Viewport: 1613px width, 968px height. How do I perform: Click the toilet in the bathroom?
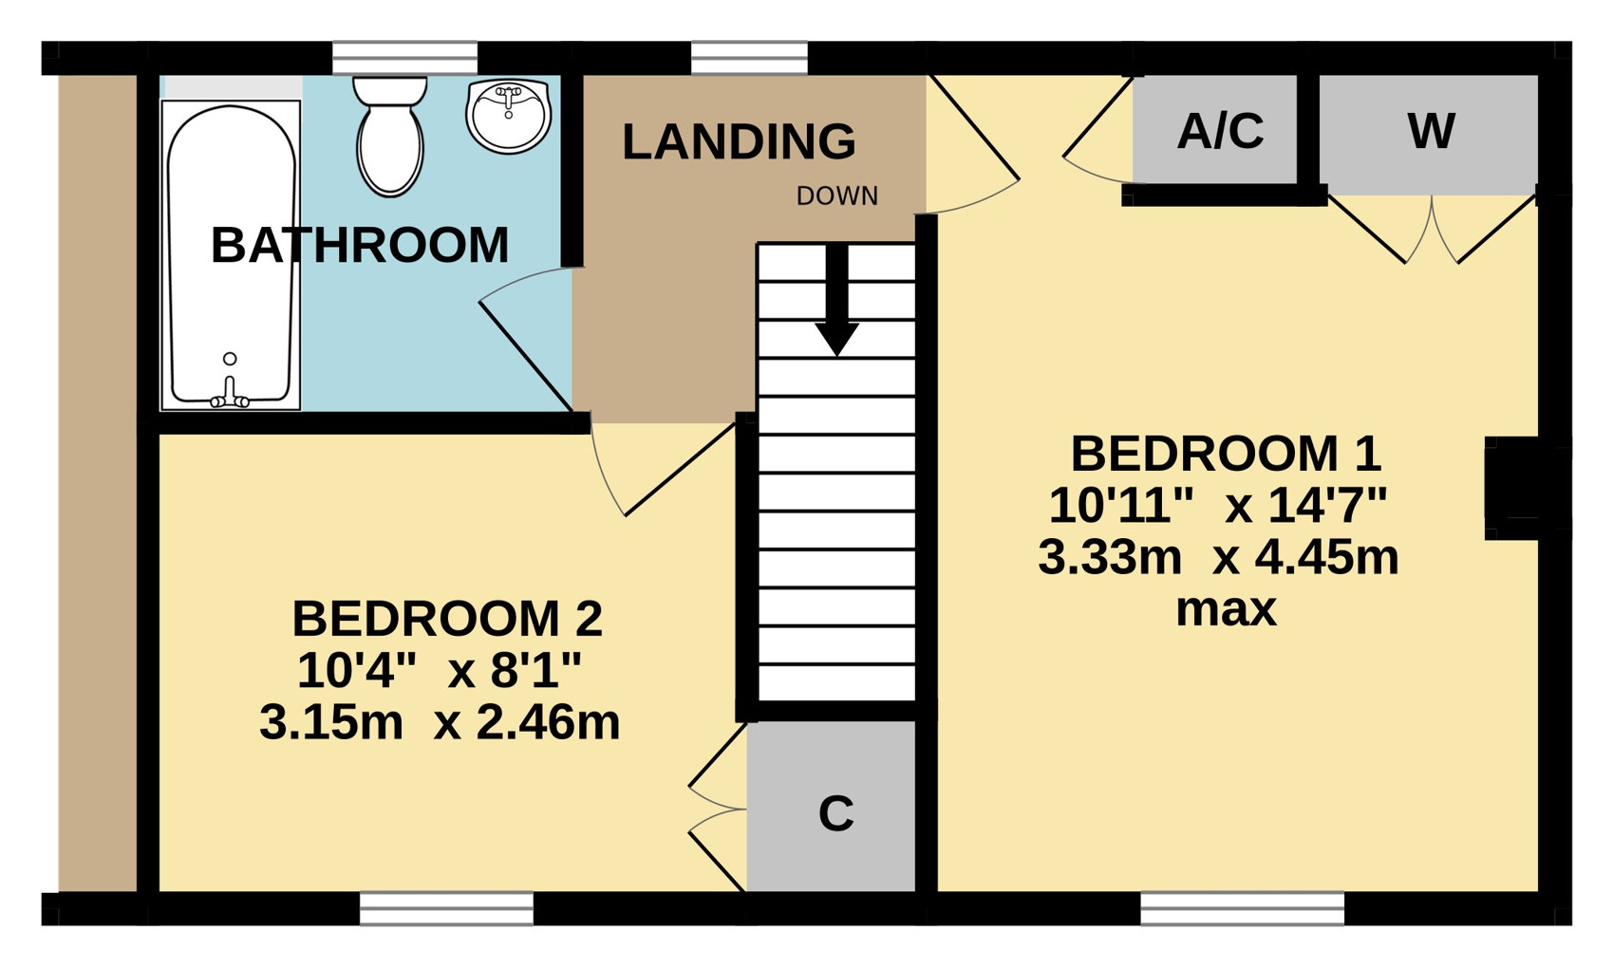tap(389, 136)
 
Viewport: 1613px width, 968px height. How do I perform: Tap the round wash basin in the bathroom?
tap(508, 115)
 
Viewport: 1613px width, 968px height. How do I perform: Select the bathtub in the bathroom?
tap(231, 255)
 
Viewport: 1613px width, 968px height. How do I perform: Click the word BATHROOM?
tap(360, 245)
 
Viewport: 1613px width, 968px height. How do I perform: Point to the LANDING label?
tap(739, 141)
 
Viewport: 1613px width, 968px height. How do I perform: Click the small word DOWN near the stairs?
tap(837, 195)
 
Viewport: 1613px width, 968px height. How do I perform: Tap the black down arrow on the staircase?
tap(836, 300)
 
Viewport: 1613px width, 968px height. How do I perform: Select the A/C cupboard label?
tap(1221, 131)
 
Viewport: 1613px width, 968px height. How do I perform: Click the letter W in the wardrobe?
tap(1431, 131)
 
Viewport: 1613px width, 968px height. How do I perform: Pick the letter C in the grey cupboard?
tap(836, 813)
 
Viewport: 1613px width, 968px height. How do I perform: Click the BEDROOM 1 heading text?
tap(1226, 454)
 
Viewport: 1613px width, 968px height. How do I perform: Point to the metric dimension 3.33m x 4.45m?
tap(1218, 558)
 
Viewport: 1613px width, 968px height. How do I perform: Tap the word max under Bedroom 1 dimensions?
tap(1227, 610)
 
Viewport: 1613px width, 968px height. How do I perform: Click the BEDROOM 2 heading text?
tap(447, 619)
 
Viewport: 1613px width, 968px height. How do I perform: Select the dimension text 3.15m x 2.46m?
tap(440, 722)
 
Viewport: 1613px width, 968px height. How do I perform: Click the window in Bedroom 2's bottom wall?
tap(446, 909)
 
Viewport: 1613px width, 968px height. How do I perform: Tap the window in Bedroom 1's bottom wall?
tap(1242, 909)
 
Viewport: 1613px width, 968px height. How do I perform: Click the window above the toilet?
tap(404, 58)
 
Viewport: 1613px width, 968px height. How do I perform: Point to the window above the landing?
tap(750, 58)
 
